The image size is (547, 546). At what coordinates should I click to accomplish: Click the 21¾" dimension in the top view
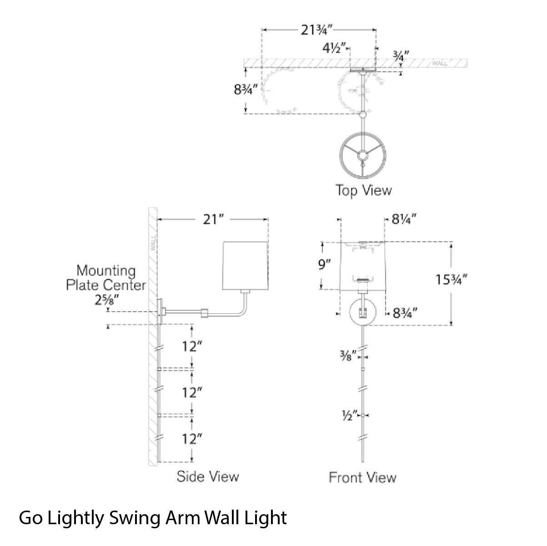[x=316, y=30]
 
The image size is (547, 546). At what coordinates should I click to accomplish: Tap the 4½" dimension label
[x=334, y=48]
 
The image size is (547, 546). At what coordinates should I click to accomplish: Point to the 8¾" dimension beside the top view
[x=246, y=89]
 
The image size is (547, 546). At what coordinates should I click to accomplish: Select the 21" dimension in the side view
[x=213, y=219]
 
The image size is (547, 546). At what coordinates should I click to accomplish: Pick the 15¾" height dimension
[x=452, y=280]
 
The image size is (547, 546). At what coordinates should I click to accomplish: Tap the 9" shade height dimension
[x=325, y=264]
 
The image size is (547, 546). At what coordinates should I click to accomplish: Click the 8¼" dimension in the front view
[x=404, y=219]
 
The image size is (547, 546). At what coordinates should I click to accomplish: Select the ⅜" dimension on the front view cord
[x=348, y=356]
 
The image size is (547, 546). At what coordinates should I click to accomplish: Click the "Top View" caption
[x=364, y=190]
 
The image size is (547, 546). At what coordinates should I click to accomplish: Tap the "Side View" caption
[x=208, y=477]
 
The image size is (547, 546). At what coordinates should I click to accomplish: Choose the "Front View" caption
[x=362, y=477]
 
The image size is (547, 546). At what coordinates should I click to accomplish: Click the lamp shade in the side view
[x=245, y=266]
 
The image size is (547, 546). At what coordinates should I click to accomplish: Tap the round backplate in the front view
[x=363, y=312]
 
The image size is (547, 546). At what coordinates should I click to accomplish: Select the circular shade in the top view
[x=362, y=155]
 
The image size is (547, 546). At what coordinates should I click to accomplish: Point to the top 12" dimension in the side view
[x=192, y=346]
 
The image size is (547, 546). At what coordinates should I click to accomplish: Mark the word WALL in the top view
[x=440, y=63]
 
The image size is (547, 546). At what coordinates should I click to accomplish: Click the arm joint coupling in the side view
[x=204, y=313]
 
